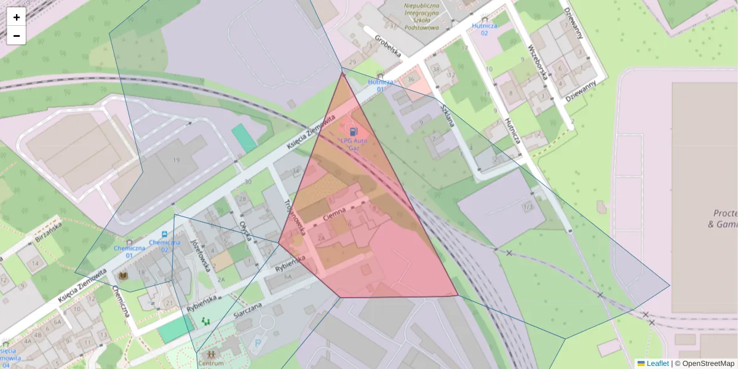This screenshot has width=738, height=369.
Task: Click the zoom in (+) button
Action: pyautogui.click(x=17, y=17)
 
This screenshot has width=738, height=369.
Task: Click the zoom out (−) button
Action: pyautogui.click(x=17, y=36)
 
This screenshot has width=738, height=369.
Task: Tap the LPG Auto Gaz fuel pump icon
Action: pyautogui.click(x=353, y=131)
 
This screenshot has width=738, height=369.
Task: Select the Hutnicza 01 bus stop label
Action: pyautogui.click(x=380, y=85)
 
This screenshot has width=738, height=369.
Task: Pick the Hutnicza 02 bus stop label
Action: pyautogui.click(x=484, y=29)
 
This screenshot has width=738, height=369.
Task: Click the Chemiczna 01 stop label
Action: pyautogui.click(x=129, y=252)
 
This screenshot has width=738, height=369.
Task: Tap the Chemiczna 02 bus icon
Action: pyautogui.click(x=164, y=234)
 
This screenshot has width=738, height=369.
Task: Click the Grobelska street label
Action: pyautogui.click(x=387, y=46)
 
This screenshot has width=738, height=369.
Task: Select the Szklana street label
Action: pyautogui.click(x=447, y=114)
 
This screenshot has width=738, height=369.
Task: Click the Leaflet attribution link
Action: pyautogui.click(x=657, y=363)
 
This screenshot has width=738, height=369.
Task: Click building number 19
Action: pyautogui.click(x=176, y=160)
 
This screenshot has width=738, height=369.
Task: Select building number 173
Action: pyautogui.click(x=527, y=207)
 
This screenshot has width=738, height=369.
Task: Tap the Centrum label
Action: pyautogui.click(x=211, y=363)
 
